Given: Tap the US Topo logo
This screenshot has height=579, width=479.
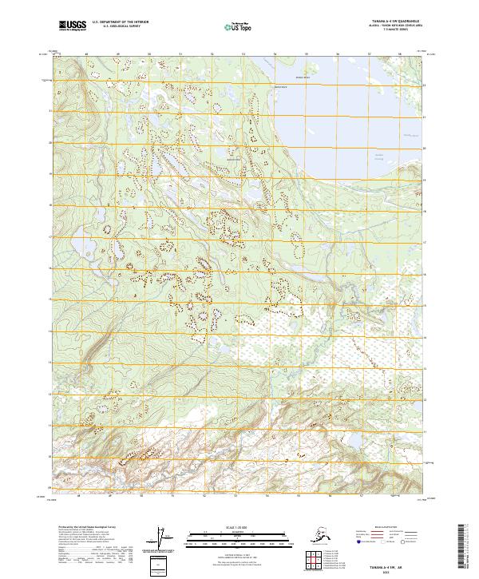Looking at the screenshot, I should pos(236,27).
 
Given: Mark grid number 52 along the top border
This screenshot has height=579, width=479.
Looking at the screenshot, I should pos(212,54).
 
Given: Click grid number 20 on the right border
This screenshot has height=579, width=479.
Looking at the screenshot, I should pos(424,149).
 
